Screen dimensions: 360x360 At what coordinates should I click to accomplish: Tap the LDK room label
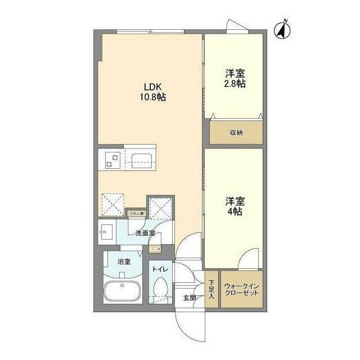[x=152, y=87]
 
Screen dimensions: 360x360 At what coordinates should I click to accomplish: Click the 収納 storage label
[x=236, y=133]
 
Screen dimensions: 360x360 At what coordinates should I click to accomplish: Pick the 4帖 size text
[x=235, y=211]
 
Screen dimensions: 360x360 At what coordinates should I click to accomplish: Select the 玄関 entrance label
[x=189, y=298]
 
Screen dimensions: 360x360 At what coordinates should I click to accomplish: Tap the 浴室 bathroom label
[x=124, y=262]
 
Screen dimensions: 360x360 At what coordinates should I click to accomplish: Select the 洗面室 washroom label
[x=145, y=233]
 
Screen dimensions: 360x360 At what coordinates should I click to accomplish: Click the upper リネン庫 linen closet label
[x=137, y=213]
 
